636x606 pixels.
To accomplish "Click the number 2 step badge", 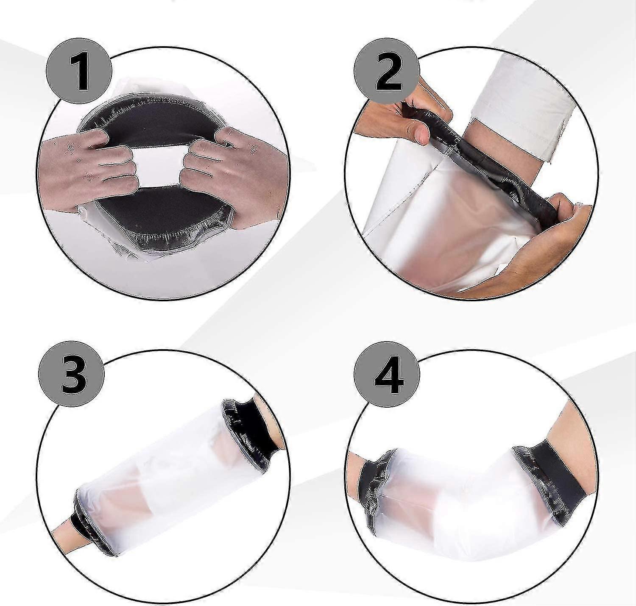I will (x=387, y=75).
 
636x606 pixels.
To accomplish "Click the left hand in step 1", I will (x=89, y=167).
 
